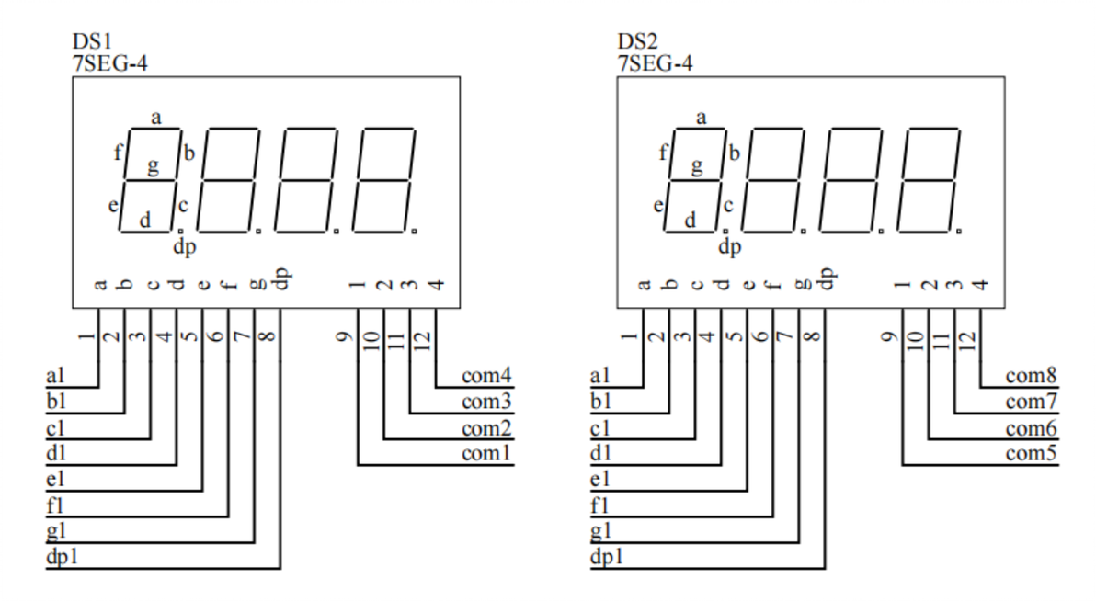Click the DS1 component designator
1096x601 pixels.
click(92, 41)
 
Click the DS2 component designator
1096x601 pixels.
click(637, 41)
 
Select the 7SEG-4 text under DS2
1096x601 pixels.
click(655, 63)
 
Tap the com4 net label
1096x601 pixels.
click(486, 376)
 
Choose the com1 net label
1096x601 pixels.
click(486, 454)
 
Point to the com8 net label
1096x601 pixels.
click(1031, 376)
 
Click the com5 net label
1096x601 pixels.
click(1031, 454)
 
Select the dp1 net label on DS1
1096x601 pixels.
click(63, 557)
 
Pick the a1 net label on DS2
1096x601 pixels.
click(599, 376)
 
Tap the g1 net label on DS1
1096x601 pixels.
click(56, 531)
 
